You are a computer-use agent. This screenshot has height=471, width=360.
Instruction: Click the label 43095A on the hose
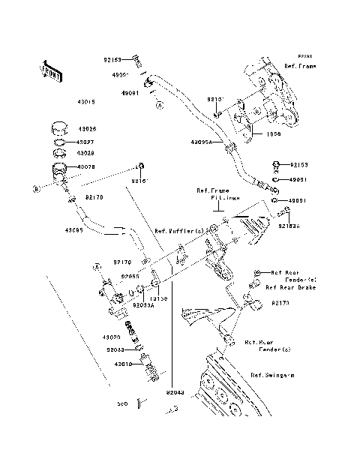pos(200,141)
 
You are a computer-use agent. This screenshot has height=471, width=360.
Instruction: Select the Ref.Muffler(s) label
pos(179,231)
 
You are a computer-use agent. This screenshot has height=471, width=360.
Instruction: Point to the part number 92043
pos(174,391)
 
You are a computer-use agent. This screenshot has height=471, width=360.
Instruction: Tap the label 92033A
pos(143,305)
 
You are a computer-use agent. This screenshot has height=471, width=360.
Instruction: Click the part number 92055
pos(130,276)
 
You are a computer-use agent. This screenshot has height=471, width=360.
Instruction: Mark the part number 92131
pos(216,99)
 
